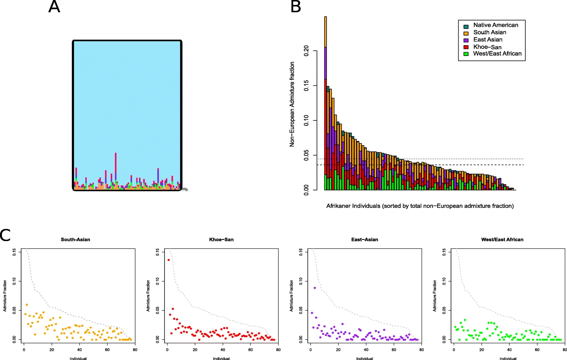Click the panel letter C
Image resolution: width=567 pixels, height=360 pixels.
point(5,235)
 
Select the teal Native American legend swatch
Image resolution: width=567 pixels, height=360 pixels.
point(466,27)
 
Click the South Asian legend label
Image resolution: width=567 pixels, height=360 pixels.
point(489,32)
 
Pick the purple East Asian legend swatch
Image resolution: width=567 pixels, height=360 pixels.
point(466,40)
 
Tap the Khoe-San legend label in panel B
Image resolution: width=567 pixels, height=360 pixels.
point(487,47)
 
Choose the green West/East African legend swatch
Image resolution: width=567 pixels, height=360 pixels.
point(466,54)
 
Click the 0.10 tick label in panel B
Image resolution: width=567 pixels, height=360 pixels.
point(306,120)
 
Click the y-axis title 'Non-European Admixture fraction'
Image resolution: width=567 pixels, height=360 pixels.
point(292,104)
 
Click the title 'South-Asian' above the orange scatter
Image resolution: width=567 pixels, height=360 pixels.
point(75,240)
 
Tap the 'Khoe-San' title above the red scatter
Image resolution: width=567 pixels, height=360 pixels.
point(221,240)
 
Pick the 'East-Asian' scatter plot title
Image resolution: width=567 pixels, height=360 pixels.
point(364,240)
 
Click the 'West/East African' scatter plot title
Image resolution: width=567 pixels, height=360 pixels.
point(502,240)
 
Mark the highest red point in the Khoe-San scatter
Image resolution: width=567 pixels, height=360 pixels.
point(169,260)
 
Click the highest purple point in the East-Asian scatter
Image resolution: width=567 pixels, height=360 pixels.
point(315,288)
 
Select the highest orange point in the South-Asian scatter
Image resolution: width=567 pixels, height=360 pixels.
point(27,305)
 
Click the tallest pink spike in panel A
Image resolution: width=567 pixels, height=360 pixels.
point(116,163)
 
